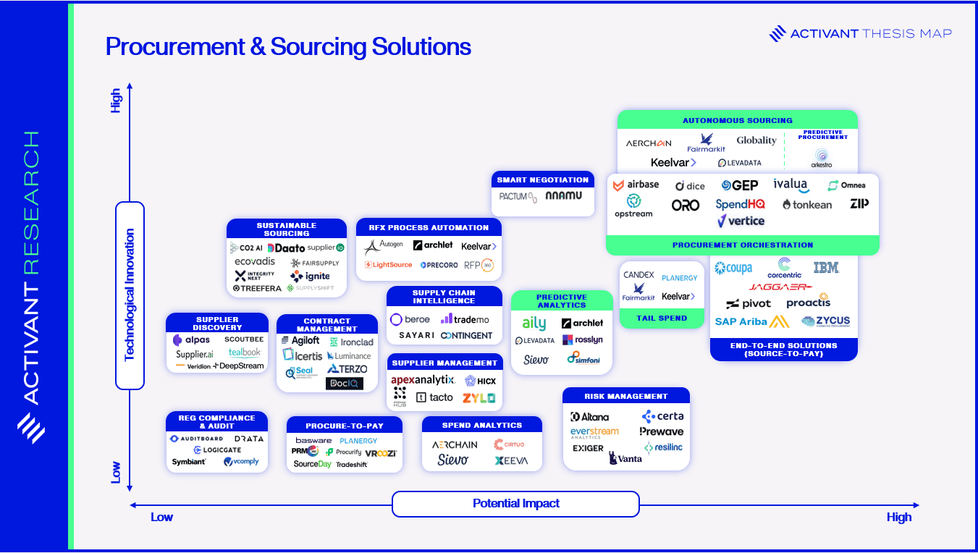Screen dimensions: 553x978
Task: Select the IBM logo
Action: point(826,268)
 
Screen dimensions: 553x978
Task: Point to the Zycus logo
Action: point(826,321)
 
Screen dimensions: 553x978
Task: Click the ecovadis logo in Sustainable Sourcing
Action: point(255,262)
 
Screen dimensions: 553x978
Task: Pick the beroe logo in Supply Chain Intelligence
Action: point(410,319)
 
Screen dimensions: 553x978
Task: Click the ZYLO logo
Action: point(479,397)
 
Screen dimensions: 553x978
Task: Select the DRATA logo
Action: point(249,439)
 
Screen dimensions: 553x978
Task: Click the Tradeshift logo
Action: point(352,465)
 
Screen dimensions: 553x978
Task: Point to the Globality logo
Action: point(756,140)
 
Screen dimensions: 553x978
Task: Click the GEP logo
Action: point(739,185)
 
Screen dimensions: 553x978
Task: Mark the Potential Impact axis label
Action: point(515,504)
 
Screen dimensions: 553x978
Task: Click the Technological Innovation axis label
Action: point(130,295)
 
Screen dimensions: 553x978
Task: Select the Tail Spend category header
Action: point(662,318)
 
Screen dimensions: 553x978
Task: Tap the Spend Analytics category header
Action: point(482,425)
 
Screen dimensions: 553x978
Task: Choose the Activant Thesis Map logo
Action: point(860,33)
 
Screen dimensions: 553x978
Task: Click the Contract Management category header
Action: point(327,324)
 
